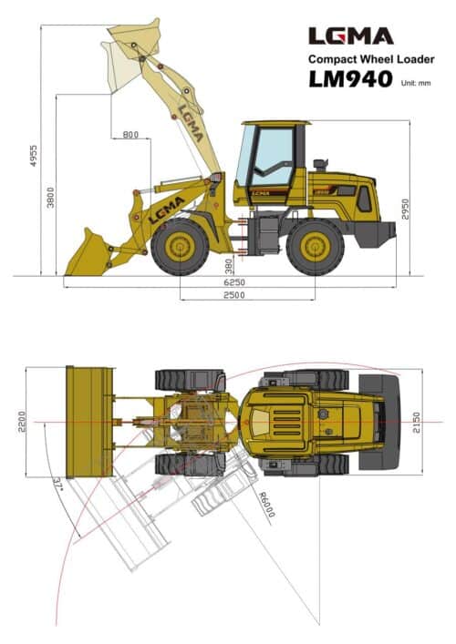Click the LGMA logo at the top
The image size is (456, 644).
350,36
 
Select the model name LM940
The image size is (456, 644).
350,79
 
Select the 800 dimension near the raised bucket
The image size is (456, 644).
130,136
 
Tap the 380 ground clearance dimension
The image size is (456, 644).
227,263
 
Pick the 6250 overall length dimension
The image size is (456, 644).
234,283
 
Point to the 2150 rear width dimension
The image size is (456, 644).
416,422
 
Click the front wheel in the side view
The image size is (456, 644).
180,246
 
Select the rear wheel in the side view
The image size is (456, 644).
315,246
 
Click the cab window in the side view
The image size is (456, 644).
271,155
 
